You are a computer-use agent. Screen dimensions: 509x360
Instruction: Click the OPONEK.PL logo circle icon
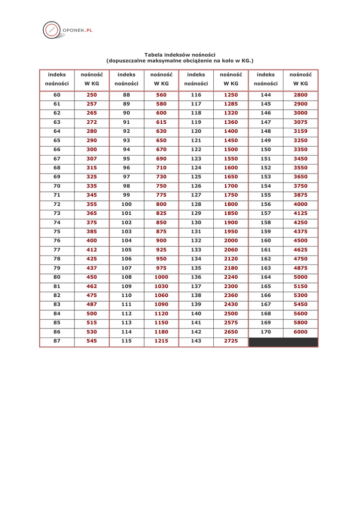click(52, 30)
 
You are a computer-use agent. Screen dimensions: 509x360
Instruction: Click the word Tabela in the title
click(154, 55)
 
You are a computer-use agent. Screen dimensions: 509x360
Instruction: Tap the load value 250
click(92, 94)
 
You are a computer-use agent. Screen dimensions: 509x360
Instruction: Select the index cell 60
click(57, 94)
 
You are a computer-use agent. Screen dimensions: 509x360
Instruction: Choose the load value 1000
click(161, 277)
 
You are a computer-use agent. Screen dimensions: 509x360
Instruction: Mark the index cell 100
click(126, 204)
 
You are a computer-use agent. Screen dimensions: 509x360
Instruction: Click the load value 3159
click(300, 131)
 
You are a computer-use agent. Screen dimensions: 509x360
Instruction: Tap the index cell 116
click(196, 94)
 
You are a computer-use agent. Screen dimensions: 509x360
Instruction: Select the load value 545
click(92, 342)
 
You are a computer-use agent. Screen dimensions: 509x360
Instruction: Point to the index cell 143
click(196, 342)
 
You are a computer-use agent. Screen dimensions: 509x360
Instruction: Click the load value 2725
click(231, 342)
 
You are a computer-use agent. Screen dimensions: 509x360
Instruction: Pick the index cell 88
click(126, 94)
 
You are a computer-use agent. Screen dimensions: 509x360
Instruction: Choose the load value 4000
click(300, 204)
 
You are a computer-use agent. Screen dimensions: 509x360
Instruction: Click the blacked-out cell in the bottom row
click(283, 342)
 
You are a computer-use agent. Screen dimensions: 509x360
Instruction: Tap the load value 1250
click(231, 94)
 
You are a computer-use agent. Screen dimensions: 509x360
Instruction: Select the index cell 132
click(196, 241)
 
